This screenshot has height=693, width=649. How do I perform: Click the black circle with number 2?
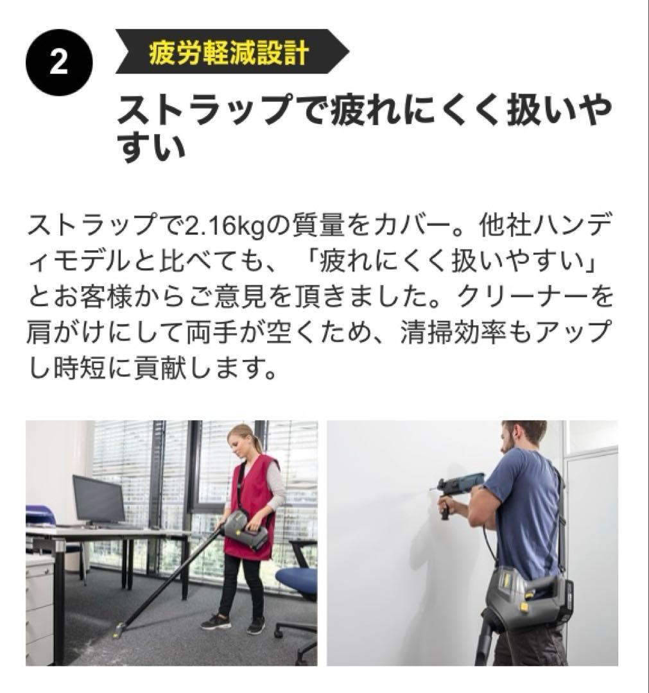(x=59, y=62)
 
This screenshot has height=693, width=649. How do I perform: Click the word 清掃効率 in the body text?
(x=453, y=332)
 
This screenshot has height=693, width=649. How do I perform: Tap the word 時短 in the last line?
(x=80, y=367)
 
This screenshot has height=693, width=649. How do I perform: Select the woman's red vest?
(x=250, y=504)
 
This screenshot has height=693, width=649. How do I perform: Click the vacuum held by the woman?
(x=246, y=529)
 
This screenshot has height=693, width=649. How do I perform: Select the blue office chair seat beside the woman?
(x=297, y=579)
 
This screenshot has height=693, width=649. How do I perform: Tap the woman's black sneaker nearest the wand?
(x=216, y=621)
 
